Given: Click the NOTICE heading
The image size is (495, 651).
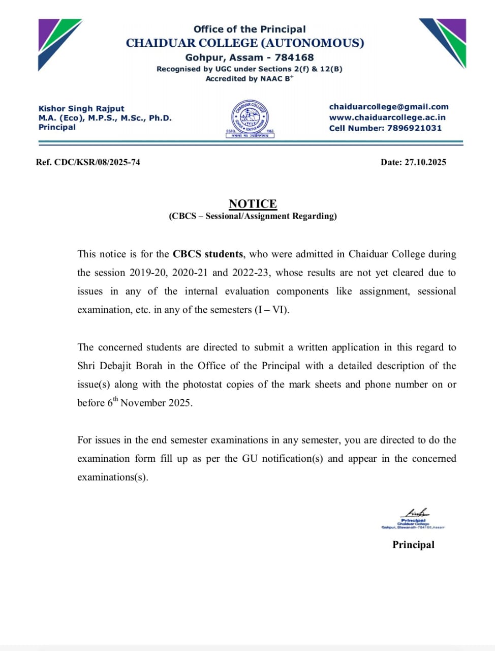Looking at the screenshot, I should tap(253, 203).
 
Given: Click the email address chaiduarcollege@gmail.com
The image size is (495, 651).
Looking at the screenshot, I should tap(389, 107).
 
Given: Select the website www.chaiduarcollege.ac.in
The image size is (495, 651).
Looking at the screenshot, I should tap(387, 117).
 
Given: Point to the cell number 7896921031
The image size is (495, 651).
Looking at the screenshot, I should tap(414, 128).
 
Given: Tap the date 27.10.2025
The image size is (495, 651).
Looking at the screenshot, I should tap(425, 162).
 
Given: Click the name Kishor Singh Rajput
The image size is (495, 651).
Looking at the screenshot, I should tap(81, 108).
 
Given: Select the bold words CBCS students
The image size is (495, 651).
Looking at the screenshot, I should tap(207, 254).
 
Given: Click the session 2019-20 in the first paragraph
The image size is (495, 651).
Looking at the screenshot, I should tap(148, 273).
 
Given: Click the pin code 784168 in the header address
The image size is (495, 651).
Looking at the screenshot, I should tap(294, 57).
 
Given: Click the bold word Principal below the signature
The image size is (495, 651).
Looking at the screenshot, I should tap(413, 545).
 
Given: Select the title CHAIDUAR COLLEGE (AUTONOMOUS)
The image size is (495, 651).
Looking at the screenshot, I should tap(245, 43).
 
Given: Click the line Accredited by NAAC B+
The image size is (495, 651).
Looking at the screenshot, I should tap(249, 79).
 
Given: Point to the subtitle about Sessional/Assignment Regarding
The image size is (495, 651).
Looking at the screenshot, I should tap(253, 216).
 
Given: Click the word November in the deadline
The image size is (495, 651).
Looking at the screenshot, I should tap(143, 403).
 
